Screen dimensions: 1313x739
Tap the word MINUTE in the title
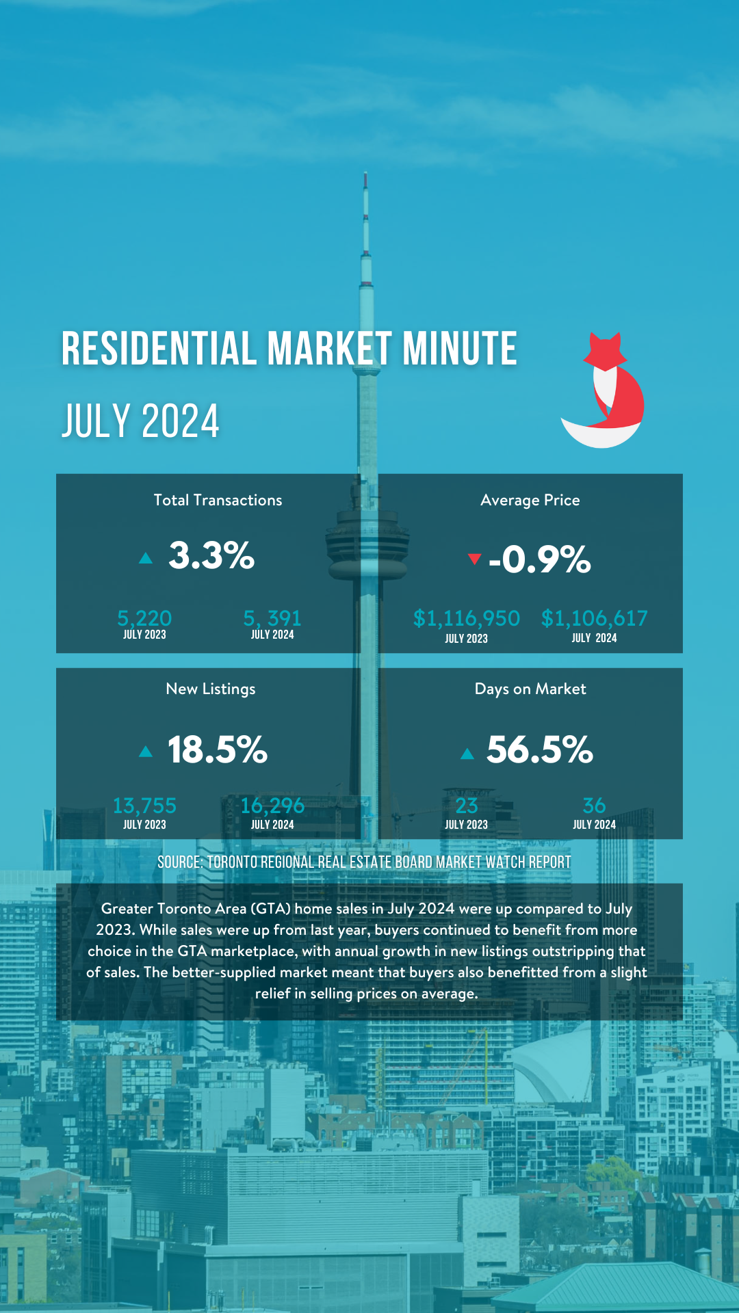pos(459,349)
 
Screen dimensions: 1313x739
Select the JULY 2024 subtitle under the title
pos(140,421)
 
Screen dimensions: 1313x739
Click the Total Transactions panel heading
pos(218,501)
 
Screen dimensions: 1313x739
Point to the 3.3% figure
pos(211,555)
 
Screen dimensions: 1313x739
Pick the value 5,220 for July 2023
pos(144,618)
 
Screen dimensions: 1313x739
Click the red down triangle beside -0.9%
pos(474,559)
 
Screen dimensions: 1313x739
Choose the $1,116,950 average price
pos(466,618)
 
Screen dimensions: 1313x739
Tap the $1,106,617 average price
pos(594,618)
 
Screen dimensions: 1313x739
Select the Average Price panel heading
pos(530,501)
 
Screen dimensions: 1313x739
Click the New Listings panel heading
pos(211,689)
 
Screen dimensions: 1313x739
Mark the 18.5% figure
pos(217,750)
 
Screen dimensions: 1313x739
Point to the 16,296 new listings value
pos(272,806)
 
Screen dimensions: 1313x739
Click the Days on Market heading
pos(530,689)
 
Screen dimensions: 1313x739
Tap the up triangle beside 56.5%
pos(467,754)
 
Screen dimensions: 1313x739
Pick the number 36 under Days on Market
pos(594,806)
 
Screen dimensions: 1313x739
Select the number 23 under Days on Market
pos(466,806)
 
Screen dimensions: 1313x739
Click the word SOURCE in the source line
pos(179,862)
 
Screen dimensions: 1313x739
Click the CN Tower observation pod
pos(367,540)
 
